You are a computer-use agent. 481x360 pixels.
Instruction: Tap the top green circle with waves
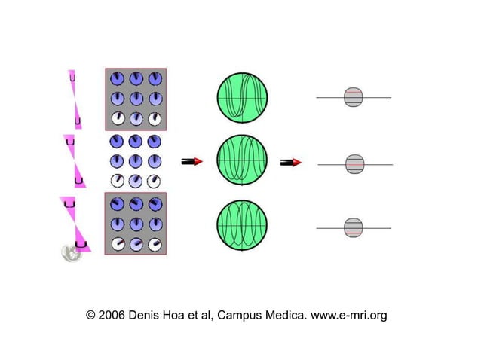242,97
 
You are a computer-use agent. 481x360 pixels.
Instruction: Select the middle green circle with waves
242,161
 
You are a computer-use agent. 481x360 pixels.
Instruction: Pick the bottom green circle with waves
242,226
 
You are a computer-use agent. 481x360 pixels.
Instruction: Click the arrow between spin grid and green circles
192,161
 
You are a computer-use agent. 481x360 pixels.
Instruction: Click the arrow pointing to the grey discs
291,162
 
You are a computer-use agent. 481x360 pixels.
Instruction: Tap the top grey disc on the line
354,97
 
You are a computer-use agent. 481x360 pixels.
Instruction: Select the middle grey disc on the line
354,163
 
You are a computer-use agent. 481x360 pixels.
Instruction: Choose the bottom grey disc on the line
354,227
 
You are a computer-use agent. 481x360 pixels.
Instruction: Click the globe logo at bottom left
71,252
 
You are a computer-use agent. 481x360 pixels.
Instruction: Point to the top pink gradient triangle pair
75,99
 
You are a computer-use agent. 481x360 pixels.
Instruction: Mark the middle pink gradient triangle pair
74,160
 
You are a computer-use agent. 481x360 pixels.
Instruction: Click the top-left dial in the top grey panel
118,78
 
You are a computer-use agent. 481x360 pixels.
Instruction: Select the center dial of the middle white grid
136,160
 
